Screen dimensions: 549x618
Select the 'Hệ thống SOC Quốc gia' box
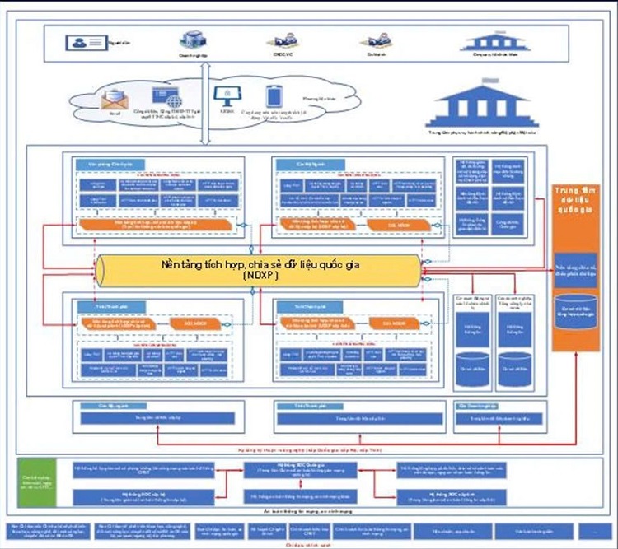pos(299,468)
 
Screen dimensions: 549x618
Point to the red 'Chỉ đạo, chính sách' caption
pos(298,544)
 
